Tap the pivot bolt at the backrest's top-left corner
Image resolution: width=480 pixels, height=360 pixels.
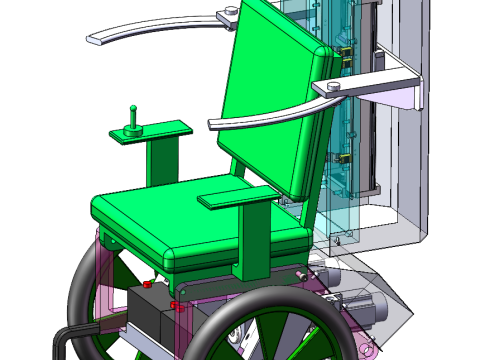[x=230, y=12]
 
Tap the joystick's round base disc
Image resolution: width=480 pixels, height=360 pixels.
[x=133, y=128]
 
